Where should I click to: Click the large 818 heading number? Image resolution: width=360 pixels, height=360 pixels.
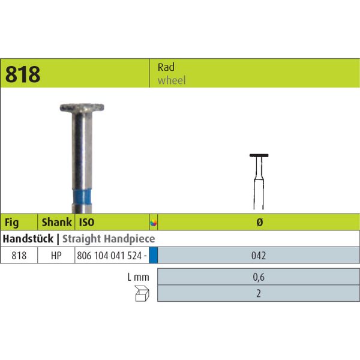[x=23, y=74]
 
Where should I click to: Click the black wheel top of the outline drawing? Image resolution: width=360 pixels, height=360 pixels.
[x=259, y=156]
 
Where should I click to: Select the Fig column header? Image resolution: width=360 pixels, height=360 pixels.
[x=12, y=222]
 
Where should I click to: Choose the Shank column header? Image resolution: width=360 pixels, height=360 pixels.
[x=55, y=222]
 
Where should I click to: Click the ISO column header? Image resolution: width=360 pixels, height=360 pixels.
[x=87, y=222]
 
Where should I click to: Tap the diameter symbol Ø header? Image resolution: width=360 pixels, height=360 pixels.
[x=259, y=222]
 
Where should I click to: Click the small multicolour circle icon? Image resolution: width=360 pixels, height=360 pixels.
[x=153, y=223]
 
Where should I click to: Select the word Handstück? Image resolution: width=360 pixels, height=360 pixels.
[x=28, y=239]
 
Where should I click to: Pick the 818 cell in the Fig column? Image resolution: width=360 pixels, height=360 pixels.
[x=19, y=255]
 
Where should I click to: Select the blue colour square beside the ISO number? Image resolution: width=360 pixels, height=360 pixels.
[x=153, y=255]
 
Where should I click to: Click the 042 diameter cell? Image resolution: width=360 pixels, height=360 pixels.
[x=259, y=255]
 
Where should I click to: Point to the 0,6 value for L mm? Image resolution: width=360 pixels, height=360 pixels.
[x=259, y=277]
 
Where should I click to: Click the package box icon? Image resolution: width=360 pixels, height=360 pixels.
[x=142, y=293]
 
